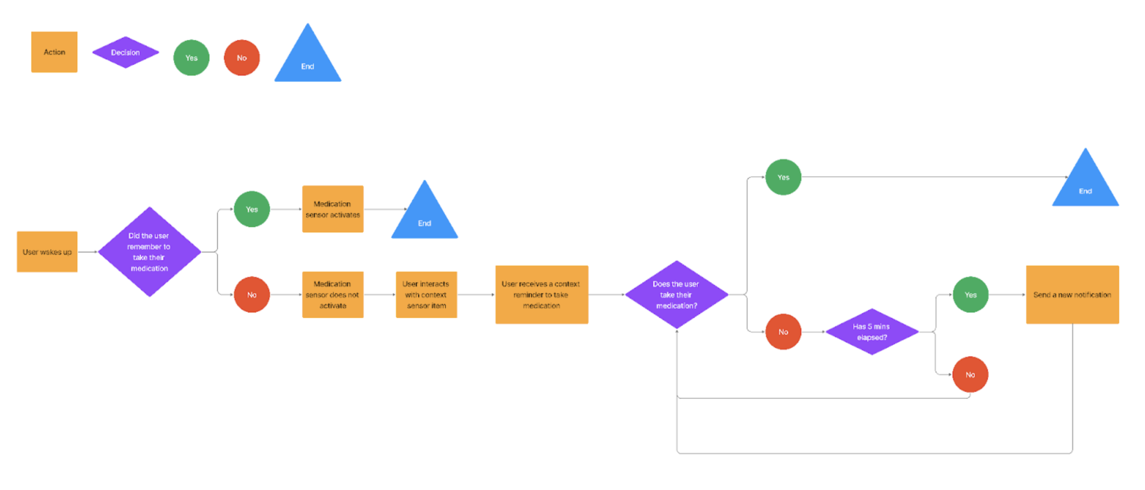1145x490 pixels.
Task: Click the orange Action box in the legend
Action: pos(54,52)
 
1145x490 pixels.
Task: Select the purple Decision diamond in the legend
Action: pos(125,52)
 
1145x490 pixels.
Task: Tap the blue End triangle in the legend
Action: pos(308,59)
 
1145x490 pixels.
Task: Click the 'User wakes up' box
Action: pos(47,252)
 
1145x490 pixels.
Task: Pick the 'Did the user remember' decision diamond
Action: pos(149,252)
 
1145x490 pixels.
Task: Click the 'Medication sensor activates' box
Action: pos(333,209)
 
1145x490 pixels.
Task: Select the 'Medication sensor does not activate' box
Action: pos(333,295)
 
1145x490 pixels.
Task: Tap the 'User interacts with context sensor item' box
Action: pos(426,295)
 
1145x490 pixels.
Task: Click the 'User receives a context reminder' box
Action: pos(541,295)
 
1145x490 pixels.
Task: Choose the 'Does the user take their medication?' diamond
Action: pos(676,295)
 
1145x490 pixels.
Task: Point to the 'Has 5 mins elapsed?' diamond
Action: pos(871,332)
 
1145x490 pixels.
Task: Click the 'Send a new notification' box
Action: pos(1072,295)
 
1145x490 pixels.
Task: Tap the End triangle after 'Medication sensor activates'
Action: pos(425,216)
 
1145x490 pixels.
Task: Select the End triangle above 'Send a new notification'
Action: pos(1085,184)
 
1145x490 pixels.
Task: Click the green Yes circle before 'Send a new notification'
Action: pos(970,295)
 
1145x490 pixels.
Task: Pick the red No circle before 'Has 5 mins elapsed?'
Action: pos(783,332)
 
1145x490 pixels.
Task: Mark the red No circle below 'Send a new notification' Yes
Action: pos(970,374)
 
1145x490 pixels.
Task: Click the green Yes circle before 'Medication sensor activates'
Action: pos(252,209)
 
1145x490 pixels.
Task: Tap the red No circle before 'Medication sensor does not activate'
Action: pos(252,295)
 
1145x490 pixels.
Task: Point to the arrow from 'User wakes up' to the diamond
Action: pos(87,252)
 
